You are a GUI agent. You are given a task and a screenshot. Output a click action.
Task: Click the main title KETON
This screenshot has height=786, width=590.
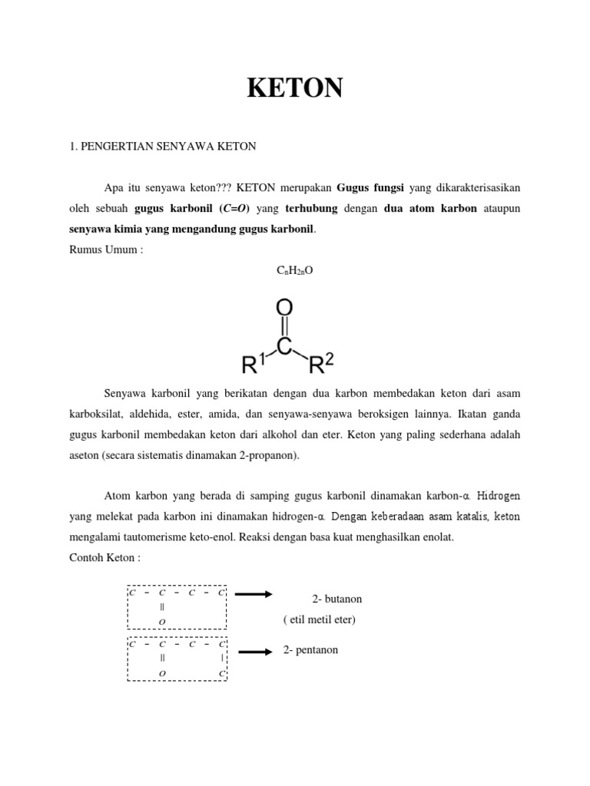click(295, 89)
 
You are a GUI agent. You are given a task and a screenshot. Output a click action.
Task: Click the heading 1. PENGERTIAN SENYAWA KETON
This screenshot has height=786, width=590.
click(163, 146)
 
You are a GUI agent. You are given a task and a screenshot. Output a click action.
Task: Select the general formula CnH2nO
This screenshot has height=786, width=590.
click(295, 271)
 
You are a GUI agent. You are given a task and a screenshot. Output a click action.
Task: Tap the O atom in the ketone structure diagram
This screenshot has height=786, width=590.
click(284, 309)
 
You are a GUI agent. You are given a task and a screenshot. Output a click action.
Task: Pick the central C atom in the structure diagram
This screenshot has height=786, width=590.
click(284, 347)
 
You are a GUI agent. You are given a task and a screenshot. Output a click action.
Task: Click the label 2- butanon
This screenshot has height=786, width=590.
click(336, 599)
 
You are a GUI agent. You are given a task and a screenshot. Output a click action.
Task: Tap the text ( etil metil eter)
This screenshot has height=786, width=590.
click(319, 619)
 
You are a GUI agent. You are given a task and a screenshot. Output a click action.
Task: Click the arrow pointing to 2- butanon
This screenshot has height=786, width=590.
click(253, 593)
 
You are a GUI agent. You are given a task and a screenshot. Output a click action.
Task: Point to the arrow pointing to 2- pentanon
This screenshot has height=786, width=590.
click(256, 652)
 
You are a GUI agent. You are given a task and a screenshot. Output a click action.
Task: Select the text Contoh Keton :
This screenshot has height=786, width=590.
click(105, 558)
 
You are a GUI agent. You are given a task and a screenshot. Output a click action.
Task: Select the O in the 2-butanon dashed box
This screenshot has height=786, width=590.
click(162, 620)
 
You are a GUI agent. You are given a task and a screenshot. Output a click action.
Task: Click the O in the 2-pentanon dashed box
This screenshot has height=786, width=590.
click(162, 673)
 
